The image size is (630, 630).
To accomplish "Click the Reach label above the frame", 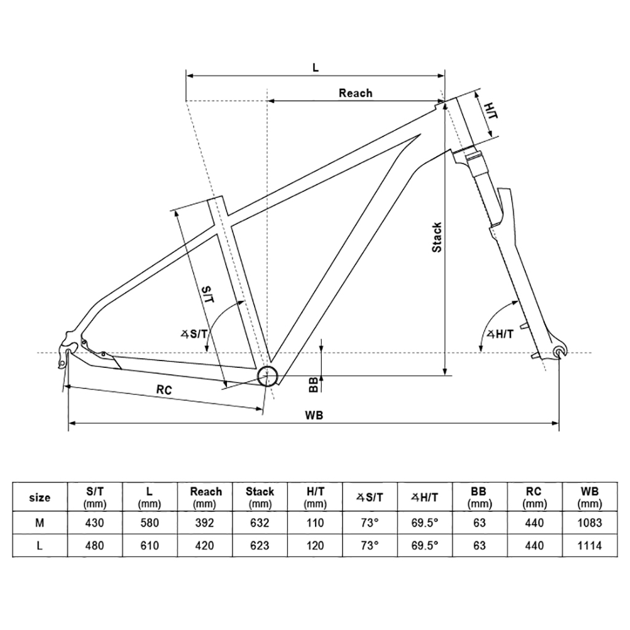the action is (355, 94).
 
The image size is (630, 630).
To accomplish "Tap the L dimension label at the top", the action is (316, 68).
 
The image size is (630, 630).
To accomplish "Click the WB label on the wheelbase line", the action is (314, 415).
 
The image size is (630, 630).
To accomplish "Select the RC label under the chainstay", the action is (164, 389).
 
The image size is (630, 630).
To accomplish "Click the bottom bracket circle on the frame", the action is (268, 376).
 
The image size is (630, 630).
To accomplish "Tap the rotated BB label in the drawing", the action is (313, 385).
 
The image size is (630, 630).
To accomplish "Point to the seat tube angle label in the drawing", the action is (194, 333).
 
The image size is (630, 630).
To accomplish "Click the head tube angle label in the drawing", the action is (500, 334).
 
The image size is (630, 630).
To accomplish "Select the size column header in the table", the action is (40, 497).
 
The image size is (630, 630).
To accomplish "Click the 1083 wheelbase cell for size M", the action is (589, 523).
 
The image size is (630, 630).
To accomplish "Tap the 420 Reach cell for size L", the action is (204, 546).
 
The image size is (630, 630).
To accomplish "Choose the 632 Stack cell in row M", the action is (260, 523).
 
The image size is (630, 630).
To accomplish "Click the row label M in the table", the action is (39, 523).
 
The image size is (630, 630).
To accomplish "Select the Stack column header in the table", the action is (260, 497).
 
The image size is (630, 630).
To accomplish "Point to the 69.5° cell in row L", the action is (425, 546).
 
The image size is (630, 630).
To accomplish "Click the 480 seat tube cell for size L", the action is (95, 546).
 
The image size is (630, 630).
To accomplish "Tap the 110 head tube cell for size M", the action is (314, 523).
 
